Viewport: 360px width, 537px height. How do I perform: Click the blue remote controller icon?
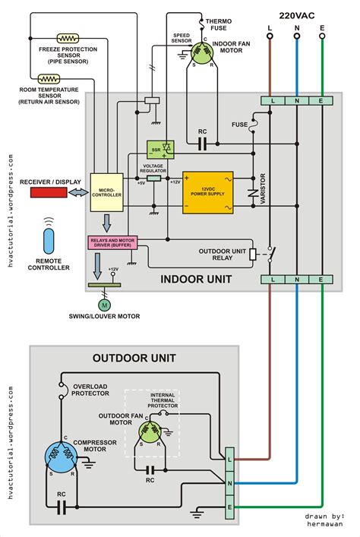[x=50, y=242]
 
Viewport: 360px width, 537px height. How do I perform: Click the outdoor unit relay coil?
[x=252, y=254]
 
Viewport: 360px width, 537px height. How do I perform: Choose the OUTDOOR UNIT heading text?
[x=134, y=357]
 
